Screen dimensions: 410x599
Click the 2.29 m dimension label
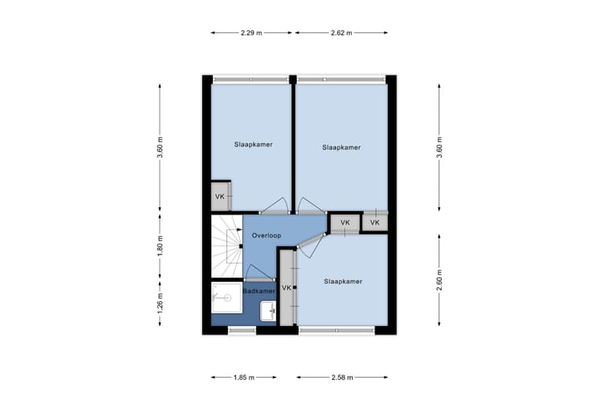(251, 32)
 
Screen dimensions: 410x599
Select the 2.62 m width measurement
(341, 32)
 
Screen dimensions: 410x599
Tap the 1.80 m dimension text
(160, 247)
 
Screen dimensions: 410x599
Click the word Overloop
(266, 235)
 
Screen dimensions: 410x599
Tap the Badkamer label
(259, 291)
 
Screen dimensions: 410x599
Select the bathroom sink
(268, 312)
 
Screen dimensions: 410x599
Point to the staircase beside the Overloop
(225, 245)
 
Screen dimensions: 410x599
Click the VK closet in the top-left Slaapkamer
(220, 196)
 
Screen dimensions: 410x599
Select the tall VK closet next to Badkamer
(287, 288)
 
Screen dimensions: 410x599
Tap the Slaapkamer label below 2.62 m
(341, 147)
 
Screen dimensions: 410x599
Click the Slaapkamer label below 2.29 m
(253, 144)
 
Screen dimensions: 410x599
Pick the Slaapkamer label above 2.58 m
(343, 281)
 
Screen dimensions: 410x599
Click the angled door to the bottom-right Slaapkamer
(309, 240)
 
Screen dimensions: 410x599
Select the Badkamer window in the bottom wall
(240, 331)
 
